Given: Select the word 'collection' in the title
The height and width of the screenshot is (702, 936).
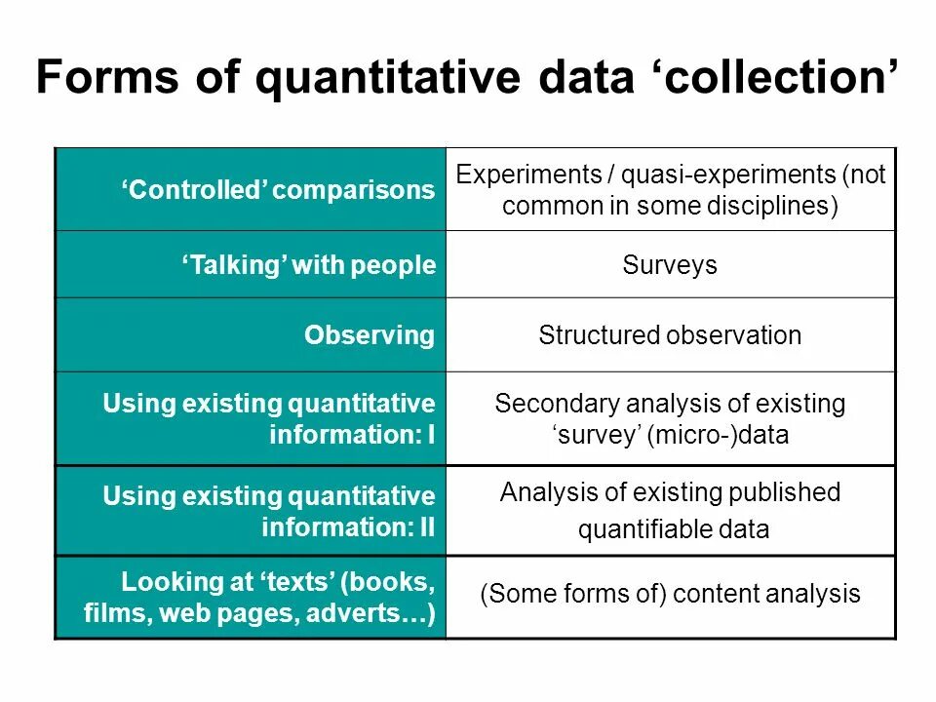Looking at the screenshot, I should [770, 78].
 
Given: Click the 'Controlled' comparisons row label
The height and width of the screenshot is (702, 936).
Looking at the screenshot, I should [278, 190].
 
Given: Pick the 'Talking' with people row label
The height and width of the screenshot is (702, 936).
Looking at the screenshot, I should [308, 264].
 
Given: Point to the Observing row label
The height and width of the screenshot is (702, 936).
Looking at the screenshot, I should [369, 335].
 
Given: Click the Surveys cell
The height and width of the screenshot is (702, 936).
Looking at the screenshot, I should [669, 264].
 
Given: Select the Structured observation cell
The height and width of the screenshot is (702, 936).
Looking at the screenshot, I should [670, 336].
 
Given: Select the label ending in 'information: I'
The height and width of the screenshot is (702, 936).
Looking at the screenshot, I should [268, 418].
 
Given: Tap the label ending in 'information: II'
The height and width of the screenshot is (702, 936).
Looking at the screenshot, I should [268, 512].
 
